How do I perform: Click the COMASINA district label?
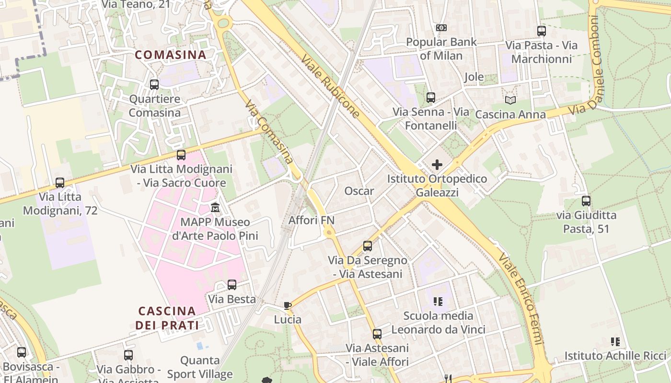(x=170, y=55)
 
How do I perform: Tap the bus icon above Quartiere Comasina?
(x=154, y=85)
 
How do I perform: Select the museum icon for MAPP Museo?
(x=215, y=208)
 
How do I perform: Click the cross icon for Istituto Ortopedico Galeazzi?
(x=437, y=165)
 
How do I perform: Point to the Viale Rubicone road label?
(x=330, y=86)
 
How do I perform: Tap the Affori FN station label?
(x=311, y=220)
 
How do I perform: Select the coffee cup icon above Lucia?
(x=288, y=305)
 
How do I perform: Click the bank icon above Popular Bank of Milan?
(x=441, y=28)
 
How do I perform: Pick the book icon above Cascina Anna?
(x=510, y=100)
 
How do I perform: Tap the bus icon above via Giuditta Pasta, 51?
(x=586, y=201)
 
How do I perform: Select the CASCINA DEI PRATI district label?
(x=167, y=318)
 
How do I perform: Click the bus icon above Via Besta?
(x=232, y=285)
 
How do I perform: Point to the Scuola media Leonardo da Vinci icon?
(x=438, y=302)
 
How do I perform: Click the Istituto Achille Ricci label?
(x=615, y=356)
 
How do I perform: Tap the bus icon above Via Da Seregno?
(x=368, y=246)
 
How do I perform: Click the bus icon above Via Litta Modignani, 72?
(x=60, y=183)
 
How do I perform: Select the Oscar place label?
(x=359, y=191)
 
